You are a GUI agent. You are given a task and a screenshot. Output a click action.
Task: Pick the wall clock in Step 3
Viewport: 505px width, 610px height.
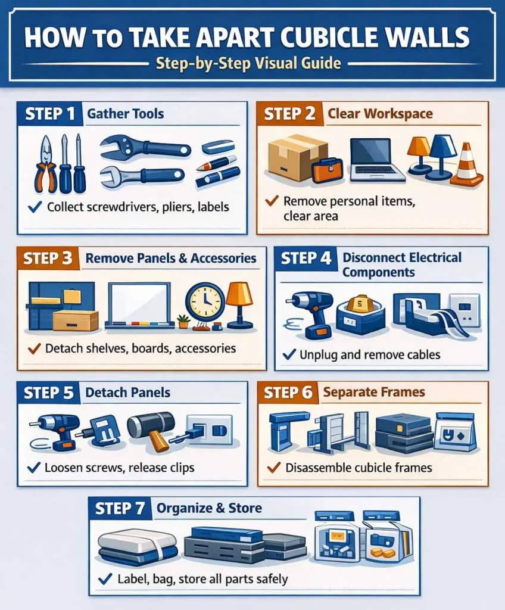(x=205, y=302)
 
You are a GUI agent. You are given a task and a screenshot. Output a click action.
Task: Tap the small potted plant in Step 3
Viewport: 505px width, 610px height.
(x=183, y=322)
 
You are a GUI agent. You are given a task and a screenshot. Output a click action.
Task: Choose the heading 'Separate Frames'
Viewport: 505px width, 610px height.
(x=373, y=392)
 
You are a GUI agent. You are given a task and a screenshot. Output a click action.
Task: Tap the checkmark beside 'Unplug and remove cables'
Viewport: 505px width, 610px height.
(x=289, y=354)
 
